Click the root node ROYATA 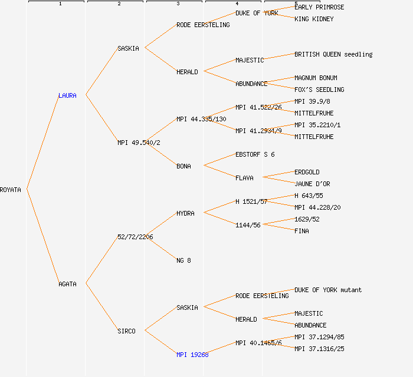[11, 190]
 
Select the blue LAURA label [67, 95]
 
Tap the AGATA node [67, 284]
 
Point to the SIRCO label [126, 331]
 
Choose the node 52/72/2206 [135, 237]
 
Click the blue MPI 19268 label [192, 355]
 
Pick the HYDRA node [185, 213]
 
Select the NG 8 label [183, 260]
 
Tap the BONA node [183, 166]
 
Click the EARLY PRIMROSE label [319, 7]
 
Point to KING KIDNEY [314, 19]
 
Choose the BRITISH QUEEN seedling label [333, 54]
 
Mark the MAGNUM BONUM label [316, 78]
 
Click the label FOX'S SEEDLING [319, 90]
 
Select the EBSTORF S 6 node [255, 154]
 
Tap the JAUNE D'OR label [312, 184]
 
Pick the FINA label [301, 231]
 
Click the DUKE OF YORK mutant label [328, 290]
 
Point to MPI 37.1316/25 [319, 349]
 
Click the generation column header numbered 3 [178, 4]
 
